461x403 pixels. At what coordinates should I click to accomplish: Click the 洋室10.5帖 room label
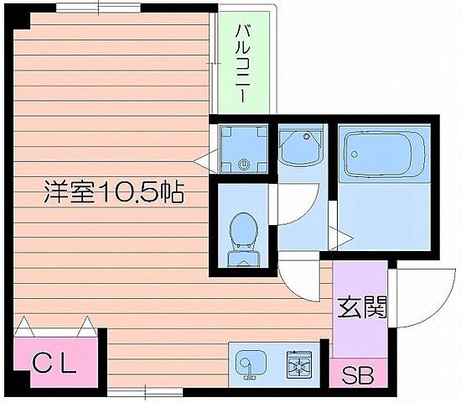114,193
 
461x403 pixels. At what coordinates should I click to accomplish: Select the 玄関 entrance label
362,308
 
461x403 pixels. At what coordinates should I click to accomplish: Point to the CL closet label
55,364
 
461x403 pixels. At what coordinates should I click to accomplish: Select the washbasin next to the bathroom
298,149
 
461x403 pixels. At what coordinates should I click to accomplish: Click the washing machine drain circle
244,164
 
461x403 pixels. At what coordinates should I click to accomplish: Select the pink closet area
55,357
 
